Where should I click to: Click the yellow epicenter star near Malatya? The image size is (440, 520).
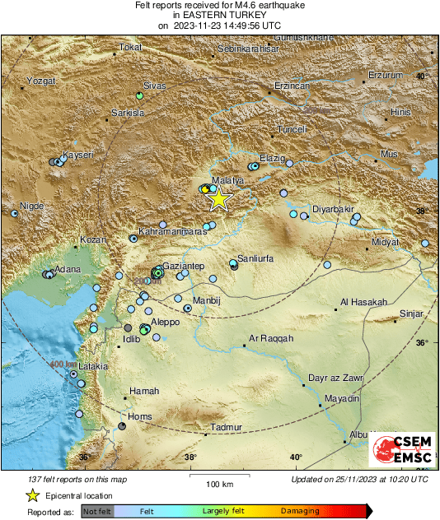pos(218,198)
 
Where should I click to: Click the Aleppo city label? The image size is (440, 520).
pos(166,323)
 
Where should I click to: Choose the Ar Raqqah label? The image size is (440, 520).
pos(271,339)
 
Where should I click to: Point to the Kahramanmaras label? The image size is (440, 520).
pos(172,232)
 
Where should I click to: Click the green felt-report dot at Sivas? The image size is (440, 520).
pos(139,96)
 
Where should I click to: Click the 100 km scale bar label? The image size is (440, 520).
pos(218,482)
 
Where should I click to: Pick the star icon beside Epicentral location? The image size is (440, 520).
pos(32,495)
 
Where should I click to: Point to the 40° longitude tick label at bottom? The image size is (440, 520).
pos(296,457)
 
